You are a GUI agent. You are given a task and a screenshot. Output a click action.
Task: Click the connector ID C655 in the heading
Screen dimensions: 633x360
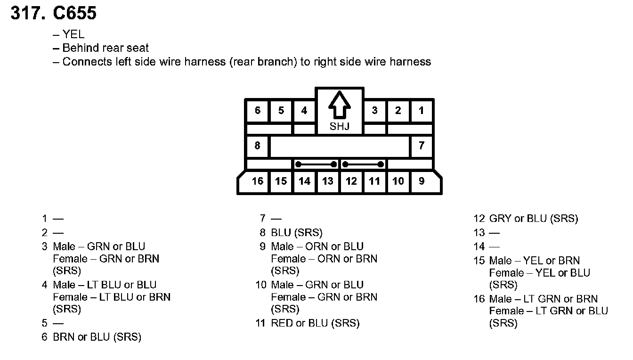click(x=75, y=13)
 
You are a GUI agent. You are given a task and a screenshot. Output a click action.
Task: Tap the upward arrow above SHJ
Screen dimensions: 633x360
click(x=339, y=106)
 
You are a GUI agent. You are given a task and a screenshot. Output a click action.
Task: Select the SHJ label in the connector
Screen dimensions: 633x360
click(x=339, y=126)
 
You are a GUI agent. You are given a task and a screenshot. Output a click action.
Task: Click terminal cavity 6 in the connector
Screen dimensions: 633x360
click(x=258, y=111)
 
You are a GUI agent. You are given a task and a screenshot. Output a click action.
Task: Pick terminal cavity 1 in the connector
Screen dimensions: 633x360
click(x=421, y=111)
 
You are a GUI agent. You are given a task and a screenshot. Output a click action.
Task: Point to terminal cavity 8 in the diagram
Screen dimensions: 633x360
click(x=257, y=146)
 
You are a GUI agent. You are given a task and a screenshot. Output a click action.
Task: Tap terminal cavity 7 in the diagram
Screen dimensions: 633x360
click(x=421, y=146)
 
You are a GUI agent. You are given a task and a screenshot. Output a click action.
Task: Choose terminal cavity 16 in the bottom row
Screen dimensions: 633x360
click(x=257, y=181)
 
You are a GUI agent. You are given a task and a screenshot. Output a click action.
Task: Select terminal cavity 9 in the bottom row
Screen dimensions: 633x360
click(x=422, y=181)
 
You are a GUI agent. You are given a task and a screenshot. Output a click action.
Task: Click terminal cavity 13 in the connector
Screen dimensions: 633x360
click(x=328, y=181)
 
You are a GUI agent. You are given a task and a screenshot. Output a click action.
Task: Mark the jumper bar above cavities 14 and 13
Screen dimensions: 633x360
click(x=316, y=164)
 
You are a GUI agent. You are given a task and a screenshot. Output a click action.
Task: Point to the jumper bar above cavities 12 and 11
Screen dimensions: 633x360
click(x=363, y=164)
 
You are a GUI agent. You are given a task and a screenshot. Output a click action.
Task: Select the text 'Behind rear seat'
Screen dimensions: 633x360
click(x=105, y=48)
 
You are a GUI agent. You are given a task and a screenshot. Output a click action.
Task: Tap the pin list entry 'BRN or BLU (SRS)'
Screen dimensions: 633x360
click(x=97, y=337)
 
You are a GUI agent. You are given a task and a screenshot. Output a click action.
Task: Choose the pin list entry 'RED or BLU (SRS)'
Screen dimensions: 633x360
click(x=315, y=323)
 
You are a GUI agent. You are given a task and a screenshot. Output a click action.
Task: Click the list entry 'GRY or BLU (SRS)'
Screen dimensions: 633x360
click(x=533, y=219)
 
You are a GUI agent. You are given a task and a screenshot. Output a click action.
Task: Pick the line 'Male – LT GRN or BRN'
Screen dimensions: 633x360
click(x=543, y=299)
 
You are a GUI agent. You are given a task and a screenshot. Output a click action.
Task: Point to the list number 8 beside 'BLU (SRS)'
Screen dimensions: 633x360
click(x=263, y=233)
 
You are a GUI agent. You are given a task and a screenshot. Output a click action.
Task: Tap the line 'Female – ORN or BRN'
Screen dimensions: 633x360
click(x=324, y=259)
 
